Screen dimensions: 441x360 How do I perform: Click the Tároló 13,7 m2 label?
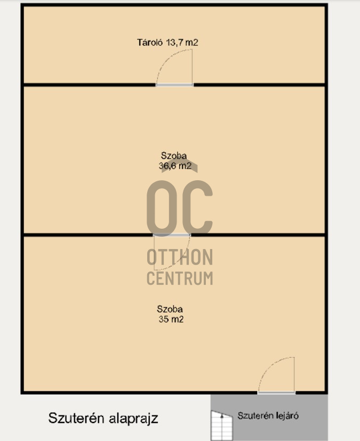pyautogui.click(x=167, y=43)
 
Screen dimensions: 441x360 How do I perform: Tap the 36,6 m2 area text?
pyautogui.click(x=175, y=166)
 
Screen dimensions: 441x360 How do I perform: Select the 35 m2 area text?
pyautogui.click(x=170, y=319)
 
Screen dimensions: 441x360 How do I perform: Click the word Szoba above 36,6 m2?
pyautogui.click(x=174, y=156)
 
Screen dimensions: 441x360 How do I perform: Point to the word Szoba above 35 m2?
pyautogui.click(x=170, y=309)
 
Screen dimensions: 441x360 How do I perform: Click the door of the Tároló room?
pyautogui.click(x=174, y=84)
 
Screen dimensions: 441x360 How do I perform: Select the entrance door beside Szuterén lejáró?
pyautogui.click(x=276, y=393)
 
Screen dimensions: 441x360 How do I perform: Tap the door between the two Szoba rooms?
pyautogui.click(x=171, y=235)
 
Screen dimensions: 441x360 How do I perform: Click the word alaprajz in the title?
pyautogui.click(x=134, y=418)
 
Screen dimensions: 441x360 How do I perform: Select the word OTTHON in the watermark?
pyautogui.click(x=180, y=258)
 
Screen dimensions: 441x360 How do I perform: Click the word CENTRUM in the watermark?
pyautogui.click(x=180, y=278)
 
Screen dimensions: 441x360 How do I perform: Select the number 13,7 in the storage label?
pyautogui.click(x=172, y=43)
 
